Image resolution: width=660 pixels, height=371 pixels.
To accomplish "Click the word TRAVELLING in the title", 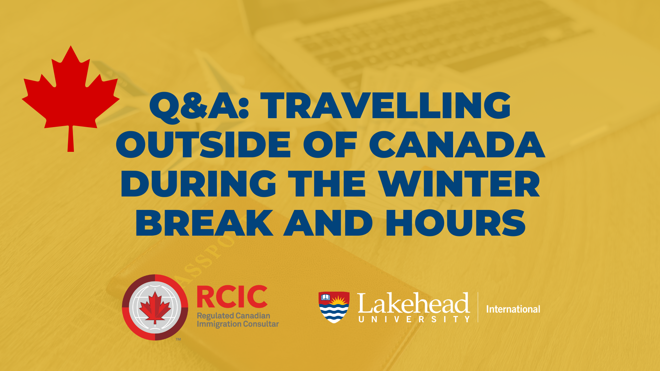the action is (386, 105).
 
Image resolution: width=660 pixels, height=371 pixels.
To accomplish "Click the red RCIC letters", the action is (232, 297).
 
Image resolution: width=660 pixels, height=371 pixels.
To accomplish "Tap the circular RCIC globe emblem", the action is (155, 307).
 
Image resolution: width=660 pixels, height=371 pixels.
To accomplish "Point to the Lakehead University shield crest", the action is (334, 307).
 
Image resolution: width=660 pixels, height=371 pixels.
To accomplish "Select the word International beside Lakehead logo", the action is (513, 309).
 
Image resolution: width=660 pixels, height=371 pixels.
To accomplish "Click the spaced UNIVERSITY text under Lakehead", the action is (414, 319).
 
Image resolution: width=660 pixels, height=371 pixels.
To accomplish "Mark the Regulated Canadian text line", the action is (233, 316).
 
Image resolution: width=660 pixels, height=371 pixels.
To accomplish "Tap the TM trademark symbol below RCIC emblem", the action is (178, 339).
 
